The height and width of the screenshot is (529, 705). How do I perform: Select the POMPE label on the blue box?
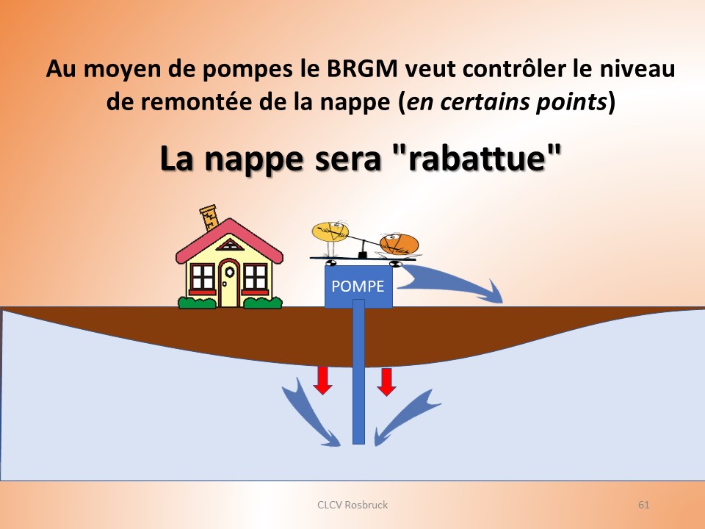point(358,287)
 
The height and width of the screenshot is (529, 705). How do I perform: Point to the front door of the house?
point(228,283)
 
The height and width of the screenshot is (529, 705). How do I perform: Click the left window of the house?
point(202,278)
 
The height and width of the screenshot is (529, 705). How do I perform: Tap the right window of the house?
point(255,278)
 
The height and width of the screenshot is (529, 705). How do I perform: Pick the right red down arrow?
point(386,381)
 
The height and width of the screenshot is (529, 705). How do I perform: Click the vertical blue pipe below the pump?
point(358,375)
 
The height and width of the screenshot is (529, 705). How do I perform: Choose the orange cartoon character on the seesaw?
point(399,242)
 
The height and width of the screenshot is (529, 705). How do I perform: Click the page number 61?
point(644,505)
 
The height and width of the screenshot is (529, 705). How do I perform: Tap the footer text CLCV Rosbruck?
point(352,505)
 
